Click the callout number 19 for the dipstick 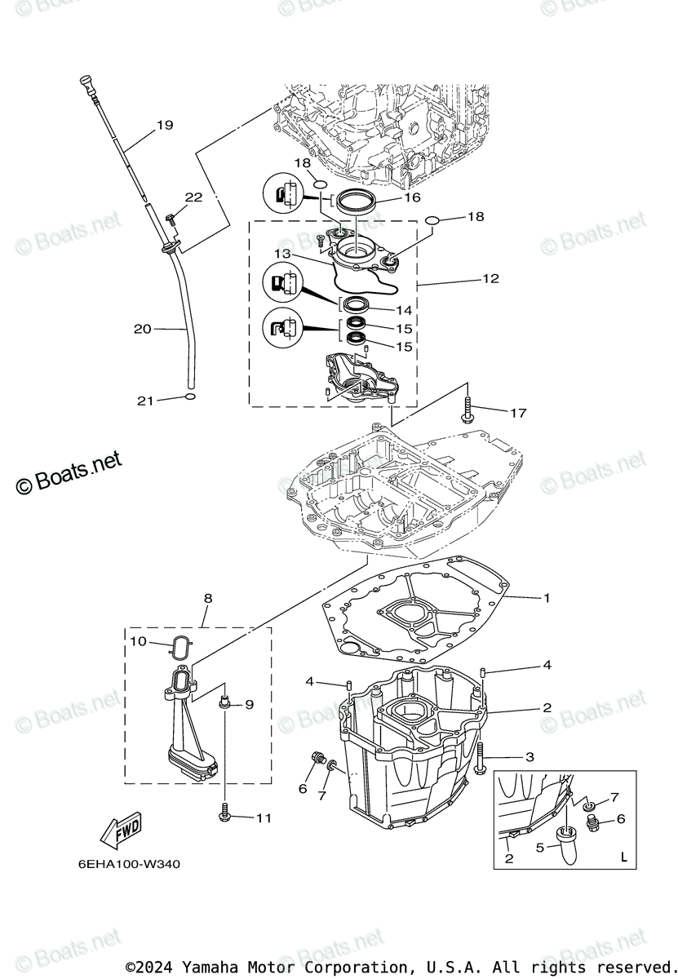click(165, 125)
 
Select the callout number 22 click(193, 197)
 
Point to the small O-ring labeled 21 click(189, 397)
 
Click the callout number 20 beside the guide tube click(143, 329)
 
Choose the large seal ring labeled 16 click(353, 201)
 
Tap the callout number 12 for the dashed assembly click(490, 278)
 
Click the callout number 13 click(282, 254)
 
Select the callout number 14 click(404, 310)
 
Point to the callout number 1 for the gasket click(547, 598)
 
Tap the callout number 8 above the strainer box click(208, 598)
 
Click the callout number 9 click(249, 704)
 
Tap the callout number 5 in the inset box click(539, 848)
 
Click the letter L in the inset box click(623, 858)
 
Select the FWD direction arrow click(120, 830)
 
